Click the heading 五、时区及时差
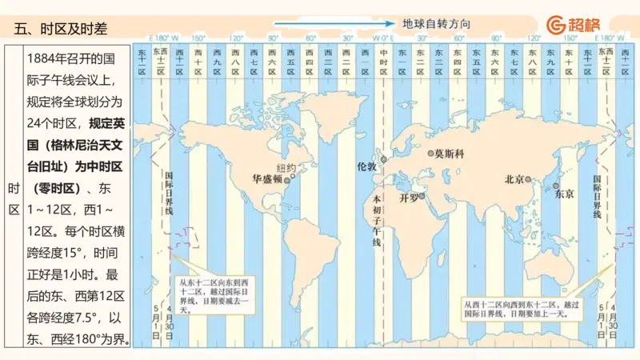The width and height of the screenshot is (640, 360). (x=61, y=29)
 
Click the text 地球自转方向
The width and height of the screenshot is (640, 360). (x=436, y=24)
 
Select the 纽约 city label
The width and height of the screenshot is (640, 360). (x=286, y=168)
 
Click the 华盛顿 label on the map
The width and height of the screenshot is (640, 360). (x=266, y=179)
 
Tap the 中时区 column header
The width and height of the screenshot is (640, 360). (x=383, y=60)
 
